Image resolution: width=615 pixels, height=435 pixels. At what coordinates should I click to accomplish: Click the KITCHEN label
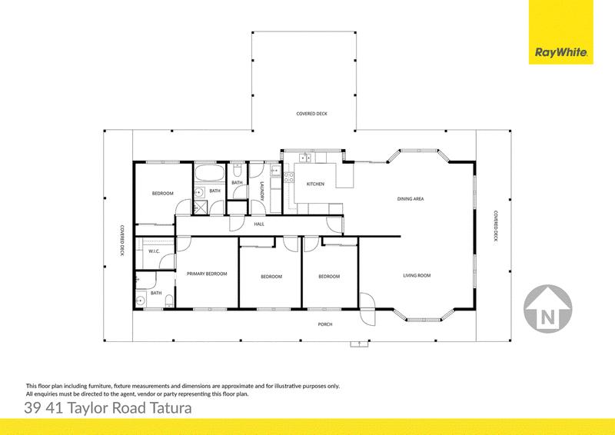(315, 184)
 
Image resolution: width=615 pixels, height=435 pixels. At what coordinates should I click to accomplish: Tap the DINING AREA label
(411, 199)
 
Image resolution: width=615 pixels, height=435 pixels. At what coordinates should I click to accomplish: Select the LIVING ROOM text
(417, 275)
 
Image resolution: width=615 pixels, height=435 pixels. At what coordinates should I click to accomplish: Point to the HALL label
(259, 224)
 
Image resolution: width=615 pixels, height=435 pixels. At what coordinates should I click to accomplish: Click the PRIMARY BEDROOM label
(207, 274)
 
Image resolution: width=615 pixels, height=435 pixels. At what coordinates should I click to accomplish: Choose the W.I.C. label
(155, 251)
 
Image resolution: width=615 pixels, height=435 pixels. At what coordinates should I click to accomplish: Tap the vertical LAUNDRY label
(262, 191)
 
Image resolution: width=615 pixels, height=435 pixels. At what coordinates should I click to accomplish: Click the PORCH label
(325, 324)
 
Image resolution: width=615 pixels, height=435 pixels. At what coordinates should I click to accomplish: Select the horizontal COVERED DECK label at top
(311, 114)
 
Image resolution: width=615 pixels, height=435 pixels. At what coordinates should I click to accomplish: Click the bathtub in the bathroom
(209, 173)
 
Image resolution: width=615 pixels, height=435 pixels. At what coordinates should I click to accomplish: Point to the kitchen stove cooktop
(289, 178)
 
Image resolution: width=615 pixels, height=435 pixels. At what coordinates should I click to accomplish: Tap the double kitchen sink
(305, 158)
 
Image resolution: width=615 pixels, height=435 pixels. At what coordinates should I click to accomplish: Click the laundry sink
(275, 171)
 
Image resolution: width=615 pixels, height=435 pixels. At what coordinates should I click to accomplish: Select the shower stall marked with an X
(201, 207)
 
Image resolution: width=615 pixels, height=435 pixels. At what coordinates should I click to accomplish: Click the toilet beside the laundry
(238, 171)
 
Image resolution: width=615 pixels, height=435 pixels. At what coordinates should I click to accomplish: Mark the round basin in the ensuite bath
(140, 301)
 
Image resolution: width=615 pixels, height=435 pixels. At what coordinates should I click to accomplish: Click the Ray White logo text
(561, 52)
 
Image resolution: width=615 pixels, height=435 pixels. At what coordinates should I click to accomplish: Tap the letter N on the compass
(548, 317)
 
